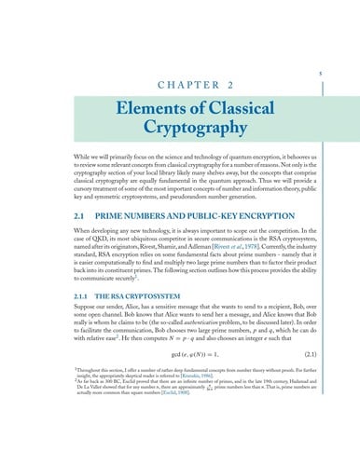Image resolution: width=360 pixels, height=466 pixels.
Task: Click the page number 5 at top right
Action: tap(320, 72)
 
